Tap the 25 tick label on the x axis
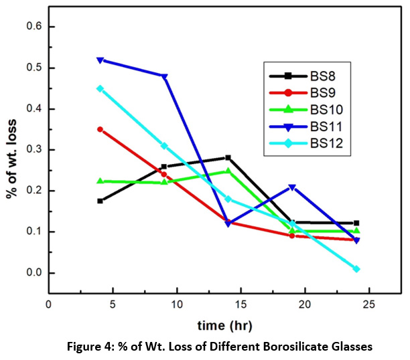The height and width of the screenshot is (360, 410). click(369, 304)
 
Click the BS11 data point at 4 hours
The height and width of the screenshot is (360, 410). click(100, 60)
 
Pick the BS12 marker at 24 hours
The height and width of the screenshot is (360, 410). click(356, 269)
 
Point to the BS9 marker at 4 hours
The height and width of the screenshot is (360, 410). click(100, 129)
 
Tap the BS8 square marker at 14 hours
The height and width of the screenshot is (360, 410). click(228, 158)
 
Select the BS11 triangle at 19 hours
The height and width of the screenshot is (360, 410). click(293, 187)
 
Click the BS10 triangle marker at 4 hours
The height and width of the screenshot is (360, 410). click(100, 181)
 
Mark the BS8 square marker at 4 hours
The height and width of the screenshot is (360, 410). click(100, 201)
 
